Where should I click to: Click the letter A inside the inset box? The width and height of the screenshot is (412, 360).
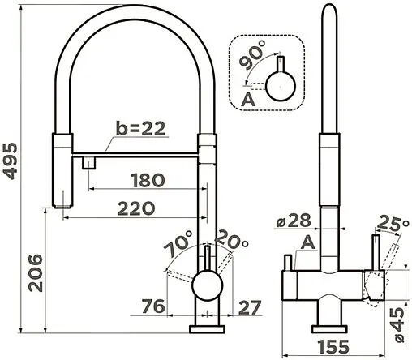coord(249,99)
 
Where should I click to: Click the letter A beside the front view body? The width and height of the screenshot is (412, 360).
coord(308,242)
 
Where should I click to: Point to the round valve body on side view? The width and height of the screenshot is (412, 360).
coord(207,288)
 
